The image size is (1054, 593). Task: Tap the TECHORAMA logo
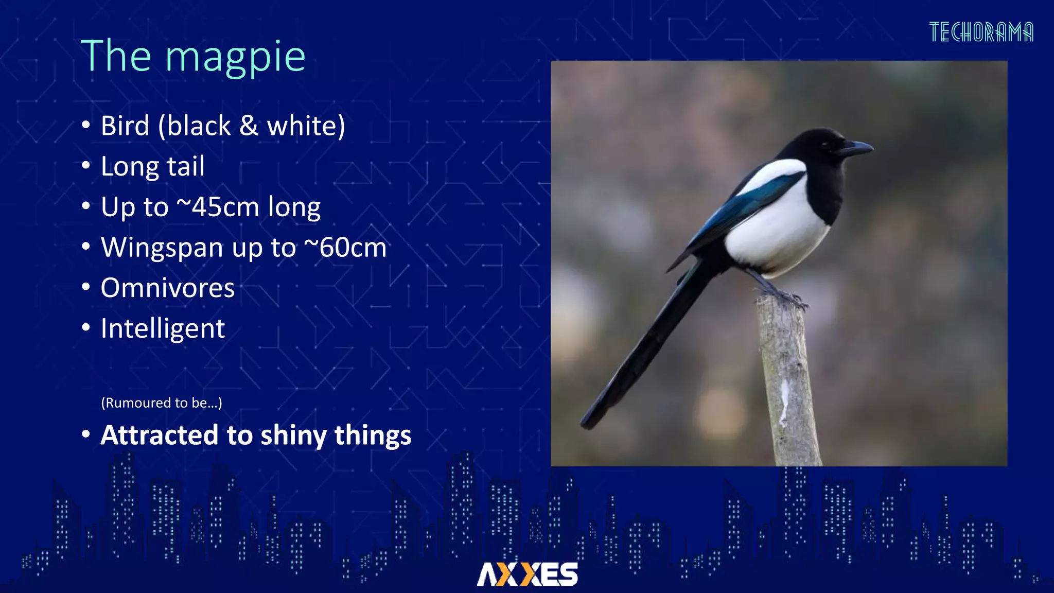coord(981,32)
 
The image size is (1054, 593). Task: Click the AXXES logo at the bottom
coord(527,574)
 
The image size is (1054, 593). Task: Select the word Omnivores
coord(168,288)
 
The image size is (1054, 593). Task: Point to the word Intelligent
coord(163,328)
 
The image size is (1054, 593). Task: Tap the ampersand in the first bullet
coord(249,126)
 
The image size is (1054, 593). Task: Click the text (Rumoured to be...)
coord(162,403)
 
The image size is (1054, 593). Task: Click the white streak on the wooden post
coord(784,402)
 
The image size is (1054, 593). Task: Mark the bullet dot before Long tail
coord(86,166)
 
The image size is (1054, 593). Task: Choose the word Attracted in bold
coord(160,435)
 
